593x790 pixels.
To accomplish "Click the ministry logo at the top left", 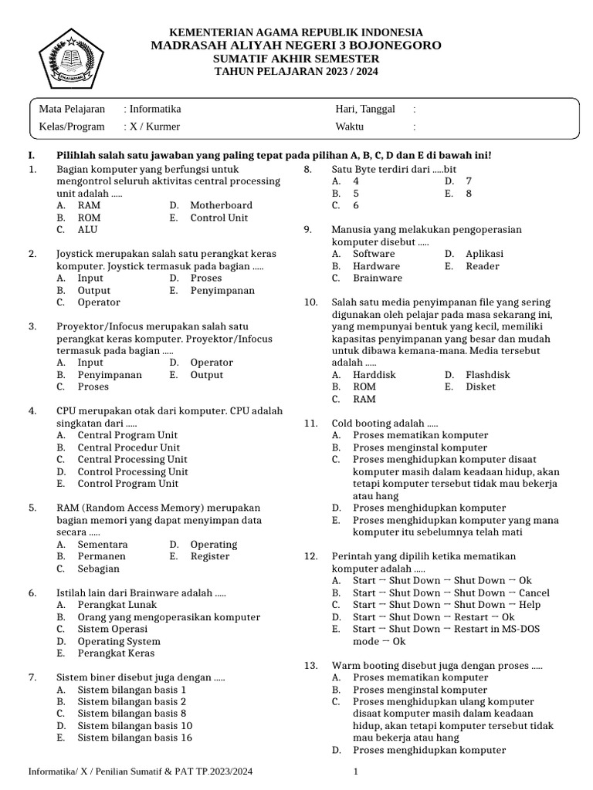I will click(x=70, y=56).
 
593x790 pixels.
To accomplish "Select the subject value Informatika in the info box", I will click(x=155, y=110).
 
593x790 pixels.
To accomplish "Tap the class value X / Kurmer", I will click(x=154, y=127).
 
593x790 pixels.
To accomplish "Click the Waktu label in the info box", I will click(x=349, y=127).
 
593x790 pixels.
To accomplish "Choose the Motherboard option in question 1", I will click(x=221, y=205).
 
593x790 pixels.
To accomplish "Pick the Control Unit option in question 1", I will click(x=219, y=218).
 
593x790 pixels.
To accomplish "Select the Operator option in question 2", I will click(x=99, y=302).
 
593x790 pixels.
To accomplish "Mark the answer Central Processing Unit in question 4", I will click(x=132, y=459).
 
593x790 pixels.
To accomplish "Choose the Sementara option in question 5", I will click(x=103, y=544).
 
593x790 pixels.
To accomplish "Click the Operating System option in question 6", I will click(x=119, y=641).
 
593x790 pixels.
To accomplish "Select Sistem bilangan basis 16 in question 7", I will click(x=134, y=738).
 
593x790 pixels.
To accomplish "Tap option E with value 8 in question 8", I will click(x=468, y=194).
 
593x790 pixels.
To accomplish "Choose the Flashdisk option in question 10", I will click(x=487, y=374).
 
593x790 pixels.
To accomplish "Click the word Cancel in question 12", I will click(x=534, y=592).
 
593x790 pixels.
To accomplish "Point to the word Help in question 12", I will click(x=530, y=605).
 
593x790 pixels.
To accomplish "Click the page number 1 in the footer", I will click(x=356, y=771).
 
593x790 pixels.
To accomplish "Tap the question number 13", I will click(x=310, y=665).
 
